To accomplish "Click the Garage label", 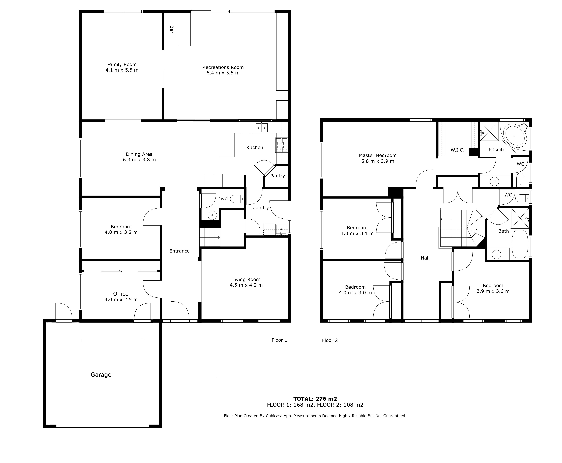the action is [101, 375].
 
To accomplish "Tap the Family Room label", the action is [122, 65].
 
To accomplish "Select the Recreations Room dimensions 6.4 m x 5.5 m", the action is [223, 73].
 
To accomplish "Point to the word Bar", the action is [171, 29].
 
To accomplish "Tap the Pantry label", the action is [278, 176].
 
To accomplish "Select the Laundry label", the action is [259, 208].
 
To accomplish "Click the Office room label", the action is [121, 294].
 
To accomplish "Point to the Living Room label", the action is [246, 279].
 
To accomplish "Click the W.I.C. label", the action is [457, 150].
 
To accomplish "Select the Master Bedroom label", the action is [378, 156].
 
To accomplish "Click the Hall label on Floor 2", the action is [425, 258].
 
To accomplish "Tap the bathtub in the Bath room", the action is [520, 244].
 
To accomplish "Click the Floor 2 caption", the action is [330, 340].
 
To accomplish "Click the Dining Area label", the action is [139, 154].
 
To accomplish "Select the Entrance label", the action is [179, 251].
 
